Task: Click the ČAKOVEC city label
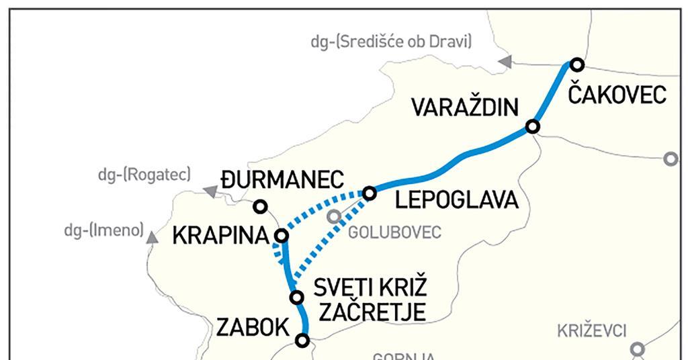coord(617,94)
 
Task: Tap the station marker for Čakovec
coord(576,64)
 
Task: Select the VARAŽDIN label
coord(466,108)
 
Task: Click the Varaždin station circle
coord(533,126)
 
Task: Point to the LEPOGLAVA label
coord(457,200)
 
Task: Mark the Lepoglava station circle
coord(370,193)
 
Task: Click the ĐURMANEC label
coord(282,181)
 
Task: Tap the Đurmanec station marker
coord(260,206)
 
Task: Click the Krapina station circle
coord(282,235)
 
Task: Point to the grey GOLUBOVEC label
coord(394,232)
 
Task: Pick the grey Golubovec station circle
coord(334,216)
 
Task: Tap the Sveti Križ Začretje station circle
coord(295,297)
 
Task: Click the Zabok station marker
coord(302,341)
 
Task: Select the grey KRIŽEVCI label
coord(591,330)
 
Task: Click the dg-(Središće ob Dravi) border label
coord(391,42)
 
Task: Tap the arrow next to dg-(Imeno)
coord(153,236)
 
